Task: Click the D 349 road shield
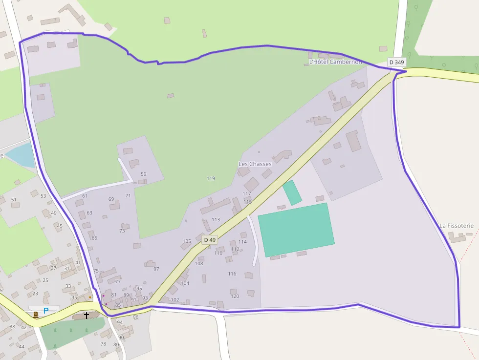396,62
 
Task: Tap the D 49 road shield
210,240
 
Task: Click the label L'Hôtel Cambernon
335,62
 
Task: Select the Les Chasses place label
255,164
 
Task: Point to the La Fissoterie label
457,226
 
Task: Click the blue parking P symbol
46,310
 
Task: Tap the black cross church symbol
87,316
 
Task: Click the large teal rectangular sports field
296,230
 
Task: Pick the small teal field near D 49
292,192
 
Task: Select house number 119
211,178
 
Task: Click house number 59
143,174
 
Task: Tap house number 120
235,296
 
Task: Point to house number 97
156,269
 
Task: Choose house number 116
232,274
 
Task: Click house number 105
187,241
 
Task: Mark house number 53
43,196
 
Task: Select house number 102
175,300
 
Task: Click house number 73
122,231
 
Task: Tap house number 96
135,317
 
